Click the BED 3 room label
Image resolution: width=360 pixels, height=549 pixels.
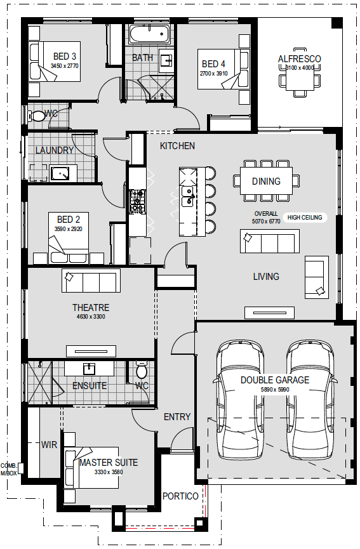pos(64,56)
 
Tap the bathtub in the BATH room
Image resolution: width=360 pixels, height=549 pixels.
pos(149,34)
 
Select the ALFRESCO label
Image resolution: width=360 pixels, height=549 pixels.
pos(300,59)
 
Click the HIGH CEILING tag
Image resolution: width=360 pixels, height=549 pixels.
pos(305,218)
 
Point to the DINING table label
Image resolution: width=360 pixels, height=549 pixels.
pos(266,182)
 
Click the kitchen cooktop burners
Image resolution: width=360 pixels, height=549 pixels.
pos(137,201)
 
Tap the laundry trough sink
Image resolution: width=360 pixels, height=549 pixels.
pos(63,174)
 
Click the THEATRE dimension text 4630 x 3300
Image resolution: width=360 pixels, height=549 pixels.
pos(91,317)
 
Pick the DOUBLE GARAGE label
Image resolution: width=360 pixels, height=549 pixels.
pos(275,380)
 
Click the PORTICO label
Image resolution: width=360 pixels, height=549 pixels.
pos(180,496)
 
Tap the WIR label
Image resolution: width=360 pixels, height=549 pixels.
pos(49,445)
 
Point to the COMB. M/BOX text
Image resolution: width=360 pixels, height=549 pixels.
pos(8,469)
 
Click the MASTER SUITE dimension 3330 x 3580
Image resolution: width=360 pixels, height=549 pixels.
pos(109,472)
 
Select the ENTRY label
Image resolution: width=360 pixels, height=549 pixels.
pos(177,416)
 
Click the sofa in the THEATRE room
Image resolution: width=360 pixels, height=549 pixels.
pos(91,281)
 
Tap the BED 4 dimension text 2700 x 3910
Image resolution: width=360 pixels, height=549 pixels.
pos(213,74)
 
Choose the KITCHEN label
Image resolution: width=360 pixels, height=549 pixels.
pos(177,145)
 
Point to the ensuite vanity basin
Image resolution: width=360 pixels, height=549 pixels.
pos(90,368)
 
